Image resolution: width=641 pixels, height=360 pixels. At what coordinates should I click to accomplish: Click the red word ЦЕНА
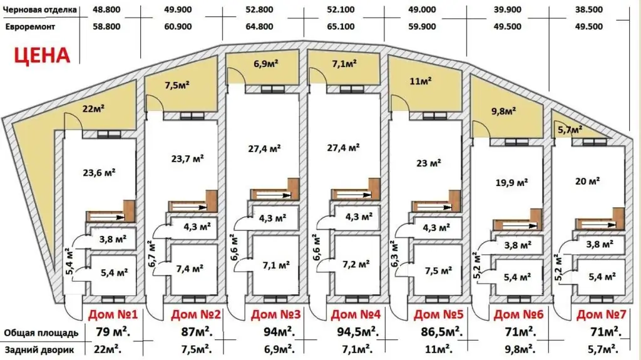point(42,55)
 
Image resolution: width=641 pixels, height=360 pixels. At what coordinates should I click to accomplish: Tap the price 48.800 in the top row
point(106,9)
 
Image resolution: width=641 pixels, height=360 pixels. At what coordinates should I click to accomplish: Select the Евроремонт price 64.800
point(260,26)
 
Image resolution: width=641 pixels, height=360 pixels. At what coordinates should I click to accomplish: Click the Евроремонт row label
point(30,27)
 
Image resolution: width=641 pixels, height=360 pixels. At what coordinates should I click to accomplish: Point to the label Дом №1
point(113,314)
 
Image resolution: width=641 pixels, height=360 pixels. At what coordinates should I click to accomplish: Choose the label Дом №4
point(356,314)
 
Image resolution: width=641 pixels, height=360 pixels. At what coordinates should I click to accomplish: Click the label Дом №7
point(602,314)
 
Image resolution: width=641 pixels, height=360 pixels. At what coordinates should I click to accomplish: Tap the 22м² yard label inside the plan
point(93,108)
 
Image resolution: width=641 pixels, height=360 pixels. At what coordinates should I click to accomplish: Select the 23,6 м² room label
point(99,173)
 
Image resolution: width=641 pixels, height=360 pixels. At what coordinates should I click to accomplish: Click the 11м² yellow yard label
point(421,81)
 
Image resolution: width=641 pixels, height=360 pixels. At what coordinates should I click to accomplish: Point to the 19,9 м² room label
point(511,182)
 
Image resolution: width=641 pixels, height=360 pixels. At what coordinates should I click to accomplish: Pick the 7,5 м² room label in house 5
point(438,271)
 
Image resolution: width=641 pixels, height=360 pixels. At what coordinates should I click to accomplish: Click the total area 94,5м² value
point(357,331)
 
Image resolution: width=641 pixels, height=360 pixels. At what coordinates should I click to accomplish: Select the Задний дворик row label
point(39,350)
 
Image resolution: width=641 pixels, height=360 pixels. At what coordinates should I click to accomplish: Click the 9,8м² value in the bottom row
point(519,349)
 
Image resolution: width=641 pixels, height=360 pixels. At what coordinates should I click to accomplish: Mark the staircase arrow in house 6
point(520,225)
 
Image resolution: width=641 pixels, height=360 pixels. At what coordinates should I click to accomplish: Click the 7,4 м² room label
point(190,269)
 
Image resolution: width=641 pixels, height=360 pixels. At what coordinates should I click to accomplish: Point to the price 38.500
point(588,9)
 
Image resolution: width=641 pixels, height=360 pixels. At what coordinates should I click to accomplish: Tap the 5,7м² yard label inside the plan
point(570,130)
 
